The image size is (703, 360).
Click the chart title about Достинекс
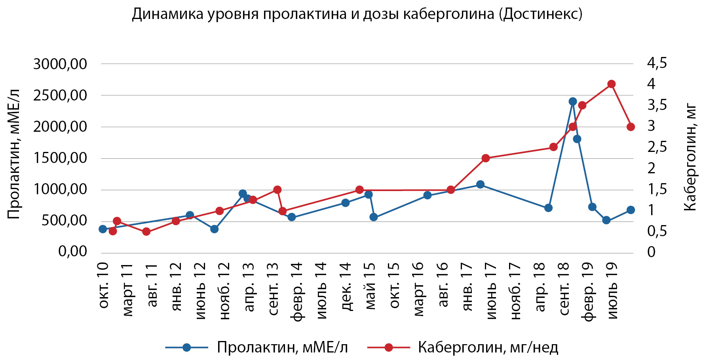357,14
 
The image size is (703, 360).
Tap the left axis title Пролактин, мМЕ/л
13,154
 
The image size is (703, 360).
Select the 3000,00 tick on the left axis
60,64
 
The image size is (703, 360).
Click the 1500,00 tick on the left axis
60,158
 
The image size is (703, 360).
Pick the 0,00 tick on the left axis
72,251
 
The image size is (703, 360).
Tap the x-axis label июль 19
612,290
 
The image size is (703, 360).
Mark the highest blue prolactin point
572,102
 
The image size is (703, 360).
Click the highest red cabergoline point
611,84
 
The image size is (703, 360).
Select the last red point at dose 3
631,127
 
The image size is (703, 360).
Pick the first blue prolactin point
103,229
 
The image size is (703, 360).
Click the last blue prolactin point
631,210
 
